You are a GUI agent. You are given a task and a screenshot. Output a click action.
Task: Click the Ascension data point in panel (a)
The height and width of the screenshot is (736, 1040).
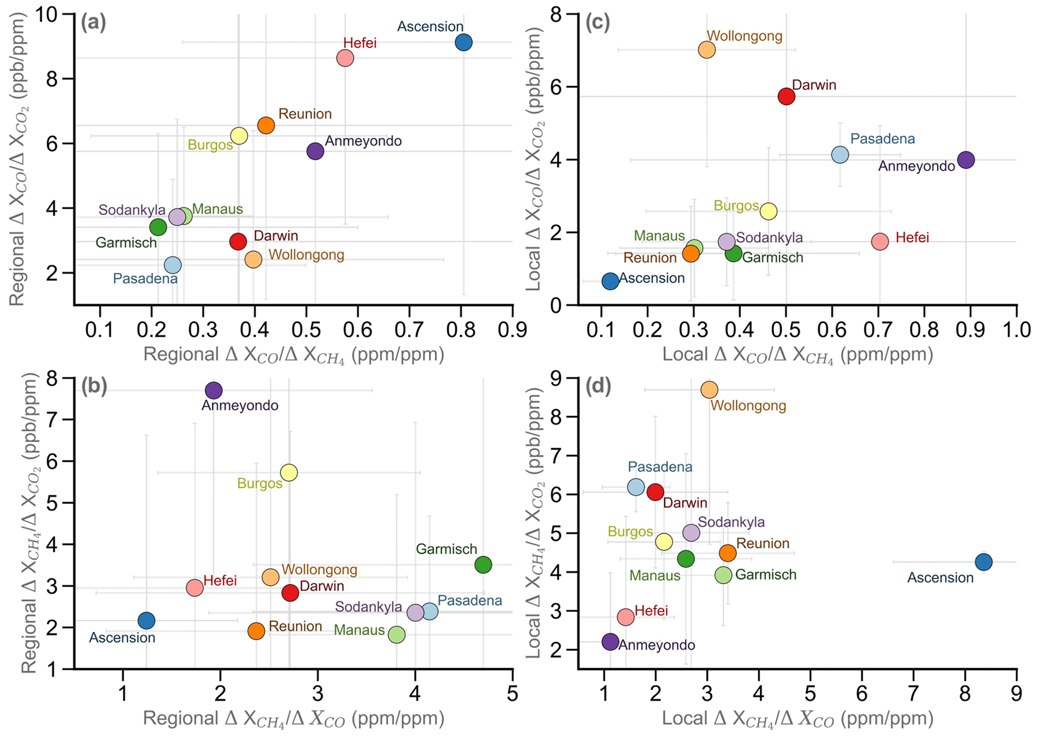[x=463, y=42]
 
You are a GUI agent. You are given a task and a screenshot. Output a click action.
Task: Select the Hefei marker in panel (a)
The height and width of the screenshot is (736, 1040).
[x=345, y=58]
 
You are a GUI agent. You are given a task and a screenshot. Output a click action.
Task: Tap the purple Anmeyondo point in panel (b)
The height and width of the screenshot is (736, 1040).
[x=214, y=390]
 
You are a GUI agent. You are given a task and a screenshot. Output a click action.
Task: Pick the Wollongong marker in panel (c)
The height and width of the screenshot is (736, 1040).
[x=707, y=50]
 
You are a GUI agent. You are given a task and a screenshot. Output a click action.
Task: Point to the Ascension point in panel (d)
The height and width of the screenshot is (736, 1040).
[x=984, y=562]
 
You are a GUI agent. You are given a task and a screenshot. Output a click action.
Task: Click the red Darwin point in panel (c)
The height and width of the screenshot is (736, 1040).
[x=786, y=97]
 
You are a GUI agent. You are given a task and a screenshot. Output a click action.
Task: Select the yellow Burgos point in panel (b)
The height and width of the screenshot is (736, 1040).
[x=289, y=473]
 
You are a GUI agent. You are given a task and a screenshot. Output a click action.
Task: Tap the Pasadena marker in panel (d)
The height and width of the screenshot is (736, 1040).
[x=636, y=487]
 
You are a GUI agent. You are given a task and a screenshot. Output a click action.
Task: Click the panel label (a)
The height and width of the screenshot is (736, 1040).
[x=93, y=24]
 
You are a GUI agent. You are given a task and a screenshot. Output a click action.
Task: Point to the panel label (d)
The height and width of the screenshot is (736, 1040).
[x=597, y=386]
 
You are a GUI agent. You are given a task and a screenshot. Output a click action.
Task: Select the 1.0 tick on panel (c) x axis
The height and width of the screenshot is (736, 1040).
[x=1016, y=330]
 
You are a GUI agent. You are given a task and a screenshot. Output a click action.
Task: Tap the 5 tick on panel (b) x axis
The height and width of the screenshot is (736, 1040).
[x=512, y=694]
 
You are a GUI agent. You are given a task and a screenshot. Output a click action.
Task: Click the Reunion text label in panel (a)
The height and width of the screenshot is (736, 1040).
[x=305, y=114]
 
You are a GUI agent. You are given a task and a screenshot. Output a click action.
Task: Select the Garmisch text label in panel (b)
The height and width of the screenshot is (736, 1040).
[x=446, y=549]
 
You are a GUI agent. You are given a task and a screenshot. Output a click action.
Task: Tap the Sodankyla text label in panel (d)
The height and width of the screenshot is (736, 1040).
[x=731, y=522]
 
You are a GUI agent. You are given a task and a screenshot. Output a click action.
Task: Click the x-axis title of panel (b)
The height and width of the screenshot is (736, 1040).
[x=294, y=719]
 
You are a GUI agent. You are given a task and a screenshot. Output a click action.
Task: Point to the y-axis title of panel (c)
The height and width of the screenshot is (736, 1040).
[x=535, y=158]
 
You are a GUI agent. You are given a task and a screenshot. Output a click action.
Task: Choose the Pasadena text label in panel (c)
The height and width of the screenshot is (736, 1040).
[x=883, y=139]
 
